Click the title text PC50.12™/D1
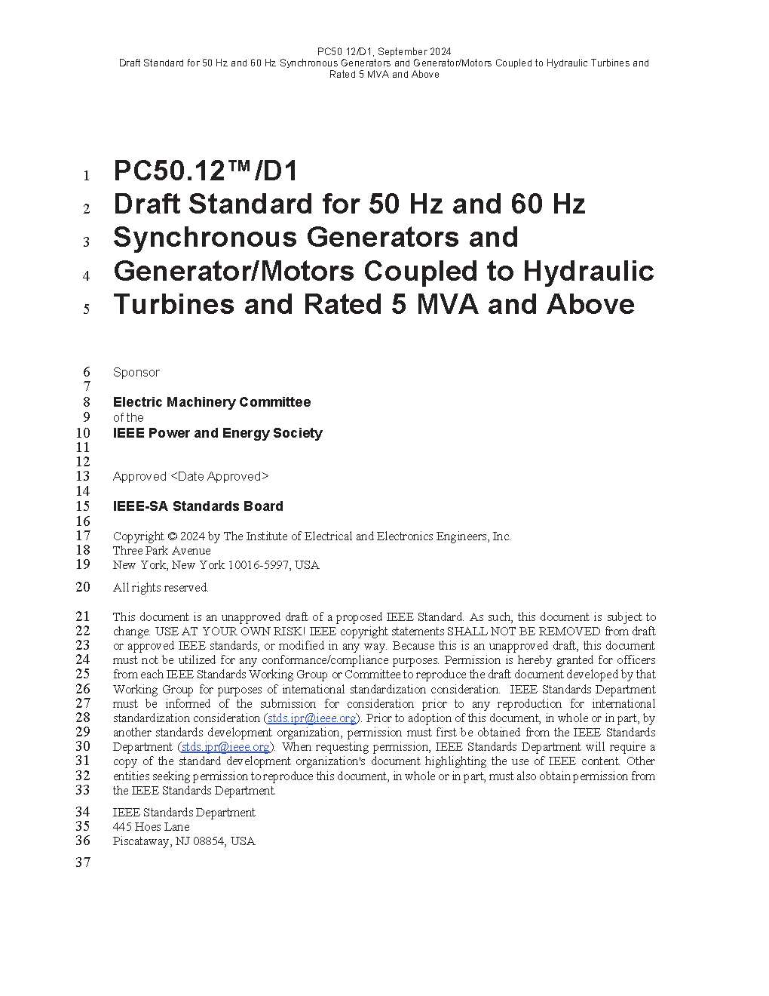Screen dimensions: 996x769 click(x=205, y=171)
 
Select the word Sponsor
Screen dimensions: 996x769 click(x=136, y=373)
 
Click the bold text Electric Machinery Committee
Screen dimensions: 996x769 click(x=212, y=402)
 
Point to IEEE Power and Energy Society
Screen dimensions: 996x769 click(x=217, y=433)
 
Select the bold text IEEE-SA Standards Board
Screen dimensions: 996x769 click(x=198, y=506)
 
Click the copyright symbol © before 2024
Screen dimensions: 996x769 click(x=172, y=536)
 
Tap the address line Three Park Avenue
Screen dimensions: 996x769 click(x=162, y=551)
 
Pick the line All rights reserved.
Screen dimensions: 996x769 click(x=161, y=588)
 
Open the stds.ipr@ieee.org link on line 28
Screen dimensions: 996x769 click(x=311, y=718)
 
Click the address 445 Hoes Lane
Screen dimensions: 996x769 click(x=151, y=827)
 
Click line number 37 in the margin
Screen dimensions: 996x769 click(x=83, y=863)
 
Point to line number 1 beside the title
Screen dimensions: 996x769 click(x=87, y=177)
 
